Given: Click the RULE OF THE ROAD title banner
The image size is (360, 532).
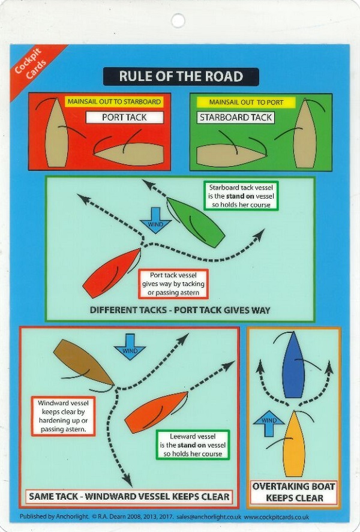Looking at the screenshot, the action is pyautogui.click(x=181, y=77).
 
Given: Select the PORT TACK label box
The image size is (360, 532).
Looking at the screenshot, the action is pyautogui.click(x=125, y=118).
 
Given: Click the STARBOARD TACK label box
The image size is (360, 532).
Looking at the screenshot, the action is pyautogui.click(x=235, y=118).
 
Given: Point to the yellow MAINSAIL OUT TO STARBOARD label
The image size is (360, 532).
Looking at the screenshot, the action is pyautogui.click(x=114, y=102).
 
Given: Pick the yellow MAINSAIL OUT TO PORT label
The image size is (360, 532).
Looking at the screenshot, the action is pyautogui.click(x=246, y=102).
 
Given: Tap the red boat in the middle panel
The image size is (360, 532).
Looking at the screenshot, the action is pyautogui.click(x=112, y=273).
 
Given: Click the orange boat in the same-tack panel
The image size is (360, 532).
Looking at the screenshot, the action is pyautogui.click(x=157, y=412).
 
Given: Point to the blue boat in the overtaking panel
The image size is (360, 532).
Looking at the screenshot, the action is pyautogui.click(x=293, y=365).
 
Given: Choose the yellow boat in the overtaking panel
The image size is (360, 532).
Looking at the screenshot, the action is pyautogui.click(x=294, y=444).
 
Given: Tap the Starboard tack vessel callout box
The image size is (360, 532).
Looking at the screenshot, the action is pyautogui.click(x=241, y=196).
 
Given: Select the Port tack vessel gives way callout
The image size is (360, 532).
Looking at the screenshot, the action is pyautogui.click(x=173, y=284).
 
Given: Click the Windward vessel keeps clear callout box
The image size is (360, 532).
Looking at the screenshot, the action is pyautogui.click(x=63, y=416).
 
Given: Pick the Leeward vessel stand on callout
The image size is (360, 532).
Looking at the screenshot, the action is pyautogui.click(x=193, y=445).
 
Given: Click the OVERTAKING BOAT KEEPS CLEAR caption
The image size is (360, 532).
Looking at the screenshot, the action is pyautogui.click(x=293, y=492).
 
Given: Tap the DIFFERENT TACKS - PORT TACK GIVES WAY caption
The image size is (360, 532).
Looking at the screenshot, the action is pyautogui.click(x=180, y=310).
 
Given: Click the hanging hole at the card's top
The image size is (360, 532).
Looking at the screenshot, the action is pyautogui.click(x=178, y=21).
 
